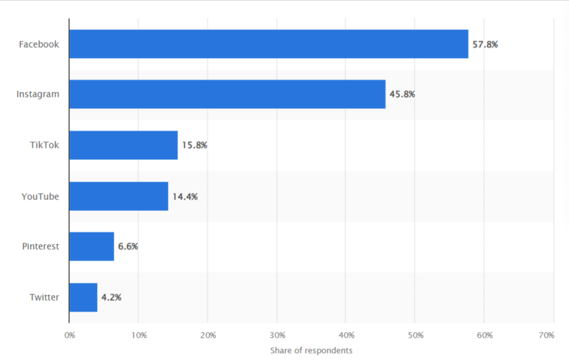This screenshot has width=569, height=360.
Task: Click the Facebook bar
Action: click(268, 44)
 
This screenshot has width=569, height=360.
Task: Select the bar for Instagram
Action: click(227, 94)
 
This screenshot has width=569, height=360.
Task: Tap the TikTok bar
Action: click(123, 145)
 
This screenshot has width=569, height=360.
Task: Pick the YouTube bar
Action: click(119, 196)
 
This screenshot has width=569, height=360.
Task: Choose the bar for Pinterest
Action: click(91, 247)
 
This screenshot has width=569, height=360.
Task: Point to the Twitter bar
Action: click(83, 298)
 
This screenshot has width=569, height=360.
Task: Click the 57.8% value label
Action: click(485, 45)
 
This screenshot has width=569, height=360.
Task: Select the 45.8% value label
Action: click(402, 94)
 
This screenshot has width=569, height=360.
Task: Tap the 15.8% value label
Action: click(194, 145)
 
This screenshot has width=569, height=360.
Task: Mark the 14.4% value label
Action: click(185, 196)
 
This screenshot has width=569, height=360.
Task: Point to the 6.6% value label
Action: click(128, 247)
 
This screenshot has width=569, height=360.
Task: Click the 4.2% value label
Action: click(111, 298)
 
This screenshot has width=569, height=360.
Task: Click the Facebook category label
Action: click(39, 45)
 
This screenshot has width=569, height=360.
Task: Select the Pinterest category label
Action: click(40, 247)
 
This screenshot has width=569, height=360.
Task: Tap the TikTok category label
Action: click(44, 145)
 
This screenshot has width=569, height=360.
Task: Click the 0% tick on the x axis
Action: click(69, 335)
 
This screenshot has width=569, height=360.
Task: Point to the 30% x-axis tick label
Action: click(277, 335)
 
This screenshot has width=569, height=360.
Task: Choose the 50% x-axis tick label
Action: click(415, 335)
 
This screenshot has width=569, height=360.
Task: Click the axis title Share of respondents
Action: click(311, 350)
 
